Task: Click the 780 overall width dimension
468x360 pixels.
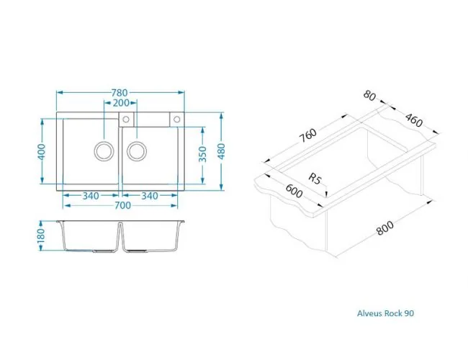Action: click(x=120, y=93)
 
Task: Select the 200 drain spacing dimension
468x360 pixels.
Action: click(x=121, y=103)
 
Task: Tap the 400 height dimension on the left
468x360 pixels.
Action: click(x=42, y=152)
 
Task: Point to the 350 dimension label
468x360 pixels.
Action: click(x=202, y=154)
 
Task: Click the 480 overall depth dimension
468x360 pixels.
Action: click(x=222, y=151)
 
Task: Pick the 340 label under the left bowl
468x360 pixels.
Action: click(x=91, y=196)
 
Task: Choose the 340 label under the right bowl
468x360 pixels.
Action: click(x=150, y=196)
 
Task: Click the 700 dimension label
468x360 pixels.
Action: click(x=122, y=205)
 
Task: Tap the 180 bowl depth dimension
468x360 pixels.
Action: click(x=41, y=235)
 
